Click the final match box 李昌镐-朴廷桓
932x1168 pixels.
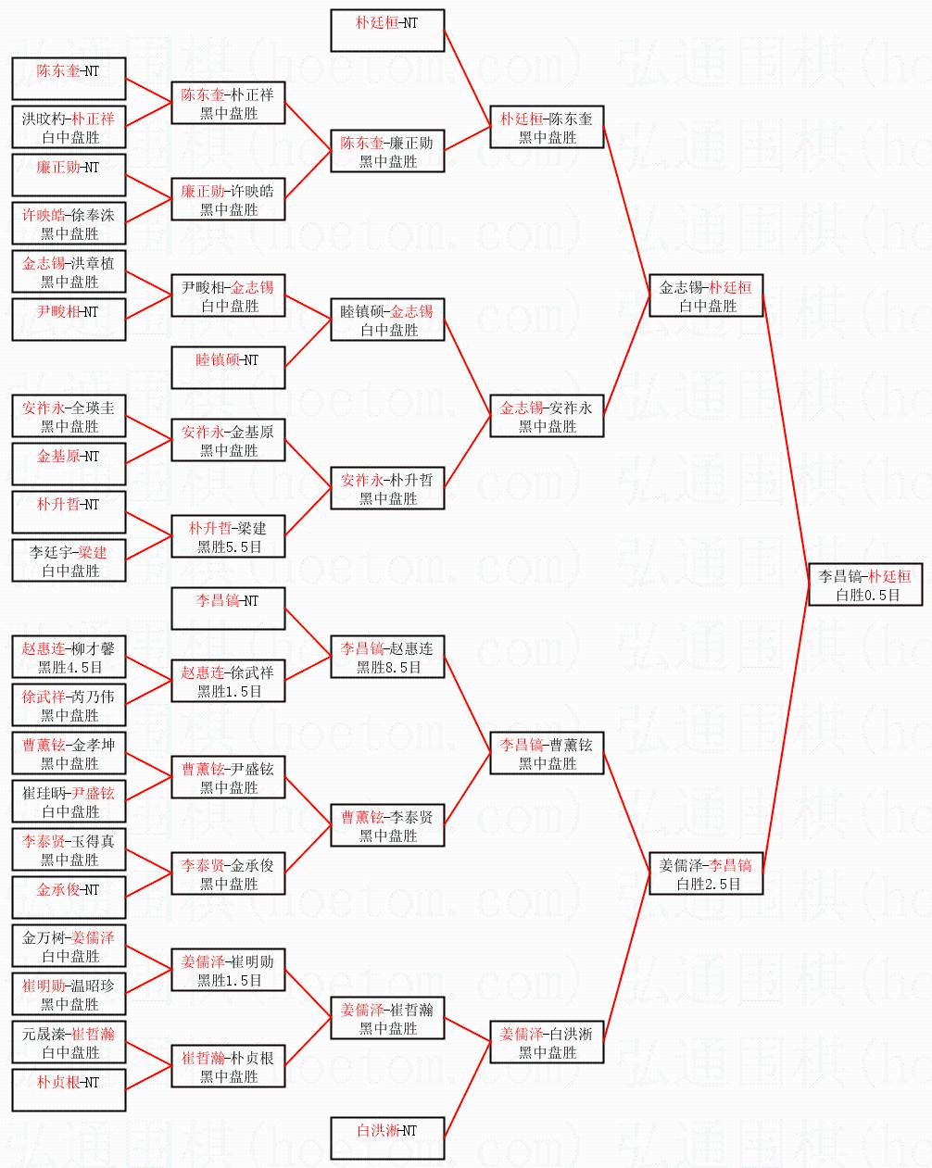point(865,584)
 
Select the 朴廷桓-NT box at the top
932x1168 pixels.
point(387,31)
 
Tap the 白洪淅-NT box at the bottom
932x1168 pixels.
point(387,1138)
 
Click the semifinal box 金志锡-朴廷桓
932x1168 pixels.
point(706,295)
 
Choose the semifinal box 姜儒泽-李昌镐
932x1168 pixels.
point(706,873)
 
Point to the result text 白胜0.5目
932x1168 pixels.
point(867,595)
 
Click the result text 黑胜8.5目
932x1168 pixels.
point(389,667)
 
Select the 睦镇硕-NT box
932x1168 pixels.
point(228,368)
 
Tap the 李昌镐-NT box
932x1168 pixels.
point(228,609)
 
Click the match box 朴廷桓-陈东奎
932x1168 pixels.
point(547,127)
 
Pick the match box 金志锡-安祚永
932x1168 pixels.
point(547,416)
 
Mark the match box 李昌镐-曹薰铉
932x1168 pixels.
point(547,753)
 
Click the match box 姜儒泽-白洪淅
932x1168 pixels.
point(547,1041)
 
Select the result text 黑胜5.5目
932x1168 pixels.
point(229,546)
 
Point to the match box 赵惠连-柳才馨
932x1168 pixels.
point(69,657)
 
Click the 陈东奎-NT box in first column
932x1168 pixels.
point(69,79)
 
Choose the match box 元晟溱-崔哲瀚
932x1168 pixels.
point(69,1042)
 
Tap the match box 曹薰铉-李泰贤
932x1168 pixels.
point(387,825)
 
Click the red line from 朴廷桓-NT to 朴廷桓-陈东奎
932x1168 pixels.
point(467,79)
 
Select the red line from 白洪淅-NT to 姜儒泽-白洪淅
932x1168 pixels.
point(467,1090)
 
